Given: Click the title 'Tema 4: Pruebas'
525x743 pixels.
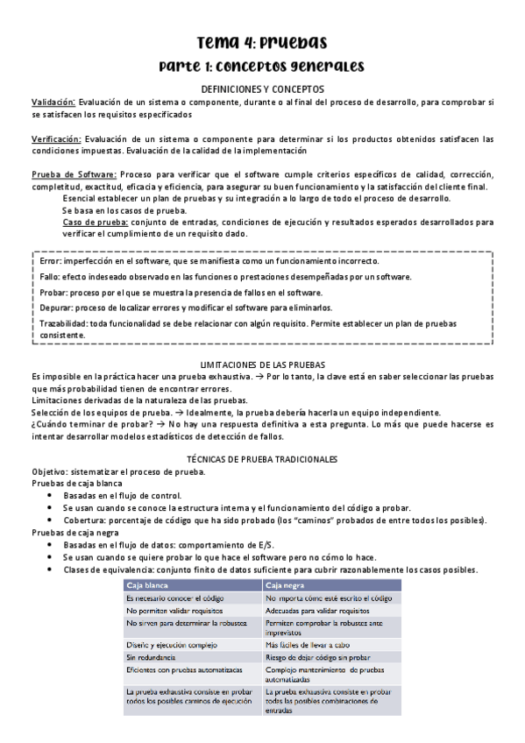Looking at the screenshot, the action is pos(262,43).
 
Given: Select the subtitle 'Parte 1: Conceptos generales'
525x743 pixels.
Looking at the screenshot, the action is pos(262,67).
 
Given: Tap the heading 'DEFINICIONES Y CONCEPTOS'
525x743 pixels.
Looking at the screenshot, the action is pos(262,89).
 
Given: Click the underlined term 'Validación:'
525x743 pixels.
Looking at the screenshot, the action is pos(53,102).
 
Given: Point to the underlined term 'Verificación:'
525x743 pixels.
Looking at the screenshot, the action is pos(57,139).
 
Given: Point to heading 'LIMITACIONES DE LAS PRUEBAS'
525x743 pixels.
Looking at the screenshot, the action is pos(262,364).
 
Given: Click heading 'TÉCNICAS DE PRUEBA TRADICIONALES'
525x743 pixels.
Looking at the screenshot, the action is pos(262,459).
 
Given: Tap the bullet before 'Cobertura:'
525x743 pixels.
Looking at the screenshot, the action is pos(50,520).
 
